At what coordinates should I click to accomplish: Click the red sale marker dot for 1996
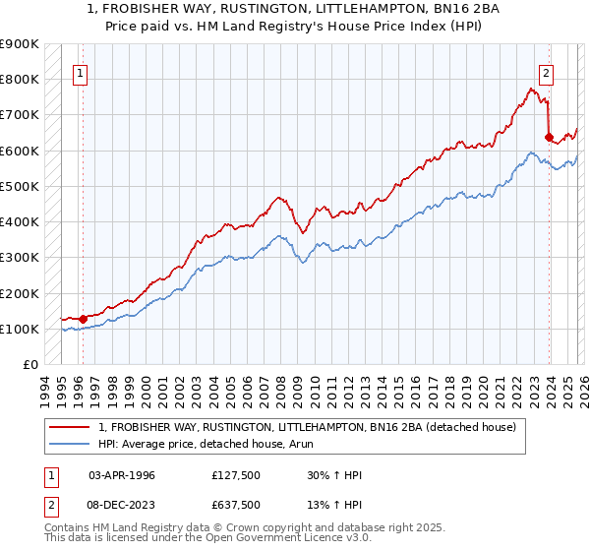[83, 318]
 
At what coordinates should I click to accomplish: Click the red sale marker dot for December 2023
[549, 137]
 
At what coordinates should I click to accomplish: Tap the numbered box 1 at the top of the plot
[79, 72]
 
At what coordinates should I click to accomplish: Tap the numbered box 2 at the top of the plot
[545, 72]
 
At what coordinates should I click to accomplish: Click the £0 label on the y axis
[29, 365]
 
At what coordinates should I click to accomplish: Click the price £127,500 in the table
[235, 474]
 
